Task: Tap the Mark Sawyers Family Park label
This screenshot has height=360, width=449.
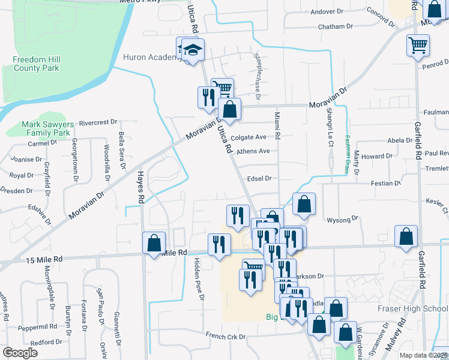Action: pos(47,128)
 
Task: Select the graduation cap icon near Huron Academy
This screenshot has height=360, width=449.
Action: pos(193,51)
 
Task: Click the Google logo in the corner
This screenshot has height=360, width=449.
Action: pos(20,353)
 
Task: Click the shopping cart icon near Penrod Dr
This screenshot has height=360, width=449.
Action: pos(418,45)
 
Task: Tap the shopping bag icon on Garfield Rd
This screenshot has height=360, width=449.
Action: pos(406,237)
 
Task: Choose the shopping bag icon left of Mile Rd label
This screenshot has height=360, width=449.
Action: pos(154,243)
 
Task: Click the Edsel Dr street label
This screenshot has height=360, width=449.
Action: pos(259,179)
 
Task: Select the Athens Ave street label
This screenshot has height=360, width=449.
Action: pos(253,151)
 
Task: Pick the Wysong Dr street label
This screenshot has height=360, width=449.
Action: pos(342,220)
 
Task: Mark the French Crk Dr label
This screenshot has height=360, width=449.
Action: pos(226,336)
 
